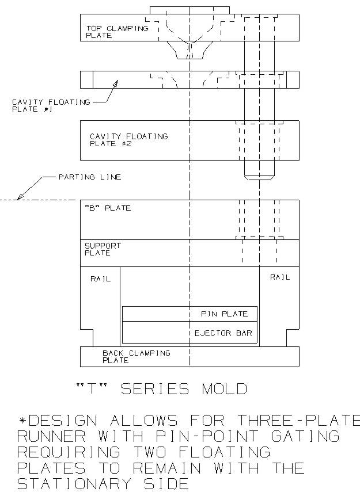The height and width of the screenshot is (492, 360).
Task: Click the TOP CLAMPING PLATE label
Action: [x=117, y=32]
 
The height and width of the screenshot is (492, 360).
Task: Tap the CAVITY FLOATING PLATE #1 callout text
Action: [x=51, y=106]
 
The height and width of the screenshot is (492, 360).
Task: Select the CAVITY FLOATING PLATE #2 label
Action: [x=129, y=140]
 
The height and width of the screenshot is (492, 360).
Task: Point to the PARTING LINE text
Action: [x=90, y=177]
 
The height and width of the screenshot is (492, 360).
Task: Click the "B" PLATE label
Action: [x=108, y=208]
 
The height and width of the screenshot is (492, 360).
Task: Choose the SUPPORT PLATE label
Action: [x=103, y=249]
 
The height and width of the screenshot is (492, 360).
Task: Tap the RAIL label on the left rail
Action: [x=101, y=279]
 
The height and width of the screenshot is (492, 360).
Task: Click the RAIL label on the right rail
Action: [x=280, y=277]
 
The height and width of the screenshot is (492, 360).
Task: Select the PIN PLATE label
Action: [x=224, y=314]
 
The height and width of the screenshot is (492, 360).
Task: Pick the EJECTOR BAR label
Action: [x=223, y=333]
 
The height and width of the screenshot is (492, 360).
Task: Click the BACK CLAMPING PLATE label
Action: [x=137, y=357]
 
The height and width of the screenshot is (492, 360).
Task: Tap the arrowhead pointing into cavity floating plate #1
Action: [x=115, y=83]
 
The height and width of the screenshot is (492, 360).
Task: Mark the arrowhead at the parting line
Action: [x=20, y=197]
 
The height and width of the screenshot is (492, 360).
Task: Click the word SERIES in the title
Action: [x=155, y=389]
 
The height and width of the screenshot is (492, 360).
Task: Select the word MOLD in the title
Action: [x=224, y=389]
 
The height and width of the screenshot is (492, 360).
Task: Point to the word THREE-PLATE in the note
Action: [x=298, y=421]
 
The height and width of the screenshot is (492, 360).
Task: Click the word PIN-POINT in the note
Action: [x=207, y=436]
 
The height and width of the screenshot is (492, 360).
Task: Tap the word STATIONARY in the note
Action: [x=74, y=483]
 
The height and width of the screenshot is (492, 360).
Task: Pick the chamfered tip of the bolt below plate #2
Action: [x=259, y=178]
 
